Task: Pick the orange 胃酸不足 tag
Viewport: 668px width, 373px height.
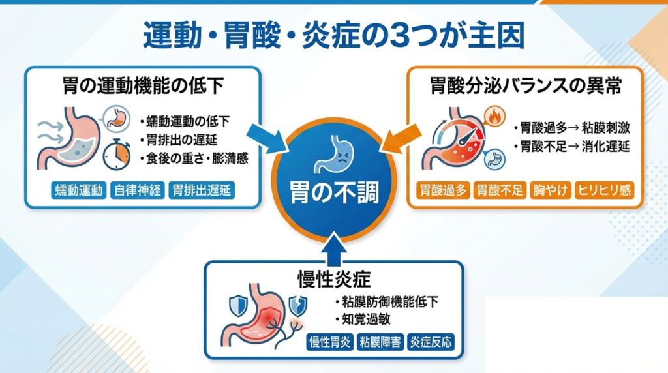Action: (x=500, y=191)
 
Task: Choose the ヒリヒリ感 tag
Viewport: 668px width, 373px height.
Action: (x=603, y=191)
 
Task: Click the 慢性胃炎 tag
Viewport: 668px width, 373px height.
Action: (x=330, y=342)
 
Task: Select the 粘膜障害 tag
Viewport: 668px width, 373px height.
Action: (x=380, y=342)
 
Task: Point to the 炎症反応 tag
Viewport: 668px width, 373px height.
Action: (x=430, y=342)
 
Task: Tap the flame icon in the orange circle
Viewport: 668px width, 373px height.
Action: (x=495, y=118)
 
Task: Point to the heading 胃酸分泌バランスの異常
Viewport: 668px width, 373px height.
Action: (x=525, y=86)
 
